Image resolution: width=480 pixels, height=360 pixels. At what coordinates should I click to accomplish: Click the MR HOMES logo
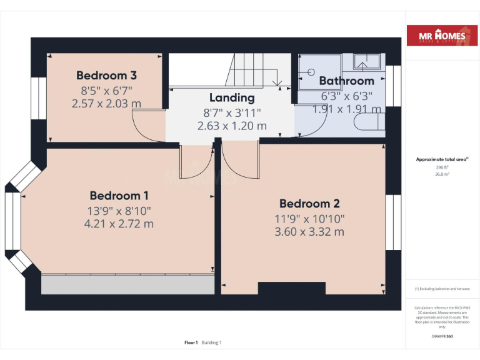point(442,37)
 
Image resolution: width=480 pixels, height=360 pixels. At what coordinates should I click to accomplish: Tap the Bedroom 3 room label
point(106,76)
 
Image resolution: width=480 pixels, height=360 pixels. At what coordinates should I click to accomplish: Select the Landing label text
point(232,97)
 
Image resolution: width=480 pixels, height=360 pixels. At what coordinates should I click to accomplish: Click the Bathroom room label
point(346,81)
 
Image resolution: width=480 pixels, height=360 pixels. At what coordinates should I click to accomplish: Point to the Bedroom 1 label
point(119,196)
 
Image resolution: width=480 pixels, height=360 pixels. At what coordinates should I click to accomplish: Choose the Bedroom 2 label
point(309,204)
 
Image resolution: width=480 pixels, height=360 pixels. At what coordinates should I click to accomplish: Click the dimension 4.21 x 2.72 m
point(119,224)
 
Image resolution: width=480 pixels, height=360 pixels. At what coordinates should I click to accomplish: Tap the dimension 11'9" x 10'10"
point(309,218)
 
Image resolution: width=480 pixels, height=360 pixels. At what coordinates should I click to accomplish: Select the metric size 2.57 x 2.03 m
point(106,104)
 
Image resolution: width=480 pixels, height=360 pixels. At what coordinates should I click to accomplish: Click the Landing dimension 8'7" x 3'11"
point(232,112)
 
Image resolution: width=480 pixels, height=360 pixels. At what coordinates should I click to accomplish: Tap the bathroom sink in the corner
point(367,62)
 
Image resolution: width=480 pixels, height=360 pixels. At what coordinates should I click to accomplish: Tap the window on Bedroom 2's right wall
point(392,222)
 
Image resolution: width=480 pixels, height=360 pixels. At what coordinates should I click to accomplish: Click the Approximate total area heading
point(442,160)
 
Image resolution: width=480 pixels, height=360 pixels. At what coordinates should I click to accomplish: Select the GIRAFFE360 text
point(442,336)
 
